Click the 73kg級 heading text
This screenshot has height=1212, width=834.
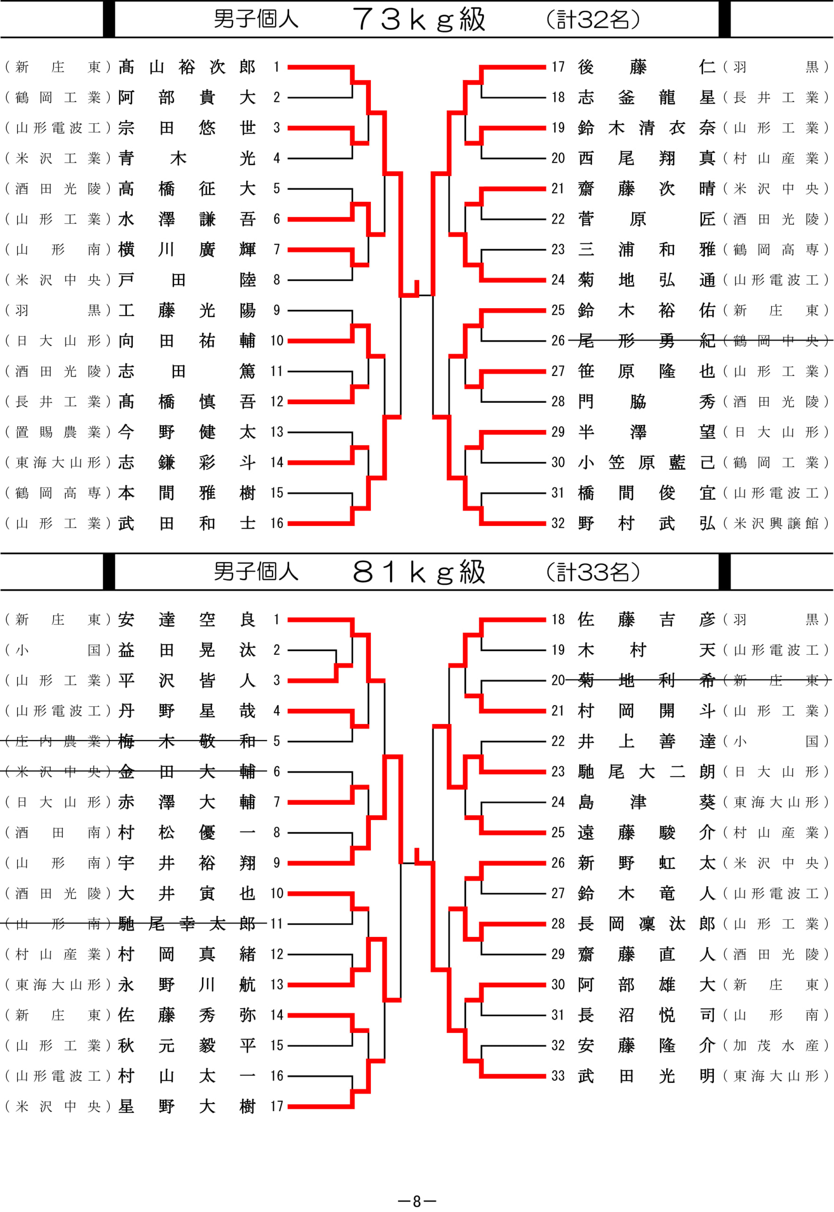pos(419,19)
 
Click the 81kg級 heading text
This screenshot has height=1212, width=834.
pos(419,572)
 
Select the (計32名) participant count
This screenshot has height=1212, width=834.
pos(593,20)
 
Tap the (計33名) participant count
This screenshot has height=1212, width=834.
pos(593,572)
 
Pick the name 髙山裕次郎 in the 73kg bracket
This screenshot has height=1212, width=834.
pos(186,67)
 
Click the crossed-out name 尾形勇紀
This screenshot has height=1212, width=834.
pos(646,341)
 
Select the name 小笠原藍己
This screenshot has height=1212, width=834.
pos(646,463)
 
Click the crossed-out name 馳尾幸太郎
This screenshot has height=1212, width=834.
pos(186,924)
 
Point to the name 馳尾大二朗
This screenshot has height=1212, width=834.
pos(646,772)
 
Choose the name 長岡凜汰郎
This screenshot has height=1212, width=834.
pos(646,924)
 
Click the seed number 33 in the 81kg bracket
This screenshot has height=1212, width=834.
pos(558,1076)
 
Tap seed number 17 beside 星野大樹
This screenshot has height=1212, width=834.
pos(276,1106)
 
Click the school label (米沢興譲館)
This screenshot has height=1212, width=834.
pos(776,524)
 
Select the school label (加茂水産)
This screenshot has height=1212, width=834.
pos(776,1046)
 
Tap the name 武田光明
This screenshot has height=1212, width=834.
pos(646,1076)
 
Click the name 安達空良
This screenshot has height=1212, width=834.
pos(186,620)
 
